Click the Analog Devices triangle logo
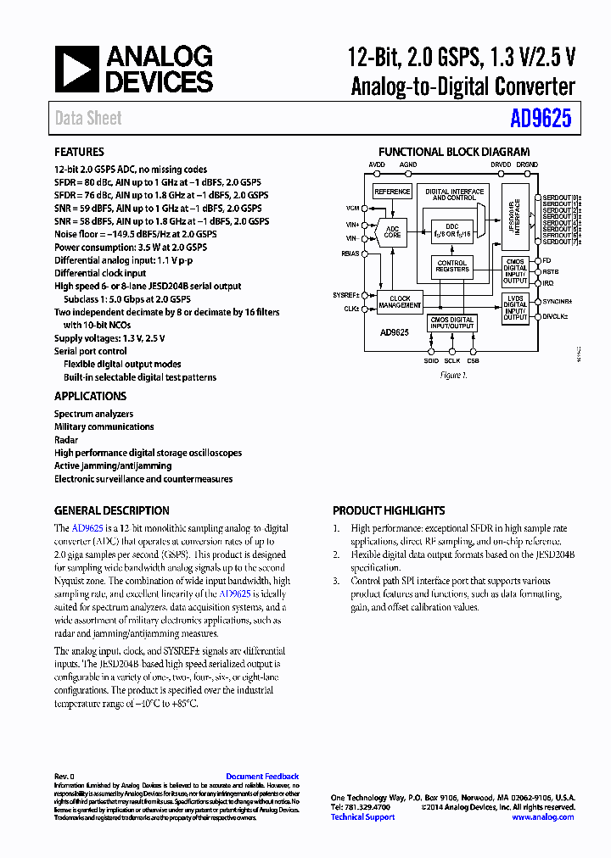(76, 70)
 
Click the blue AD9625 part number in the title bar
(541, 119)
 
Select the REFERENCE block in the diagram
(392, 192)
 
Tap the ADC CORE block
(392, 231)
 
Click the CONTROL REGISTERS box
(452, 266)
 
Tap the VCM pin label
(352, 207)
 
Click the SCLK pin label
(451, 360)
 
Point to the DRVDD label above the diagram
(501, 164)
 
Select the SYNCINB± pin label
(558, 301)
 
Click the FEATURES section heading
(79, 153)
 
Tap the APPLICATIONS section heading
(90, 396)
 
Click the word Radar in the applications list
(66, 440)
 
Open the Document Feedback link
(262, 776)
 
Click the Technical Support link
(362, 816)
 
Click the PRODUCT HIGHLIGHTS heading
(389, 510)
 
